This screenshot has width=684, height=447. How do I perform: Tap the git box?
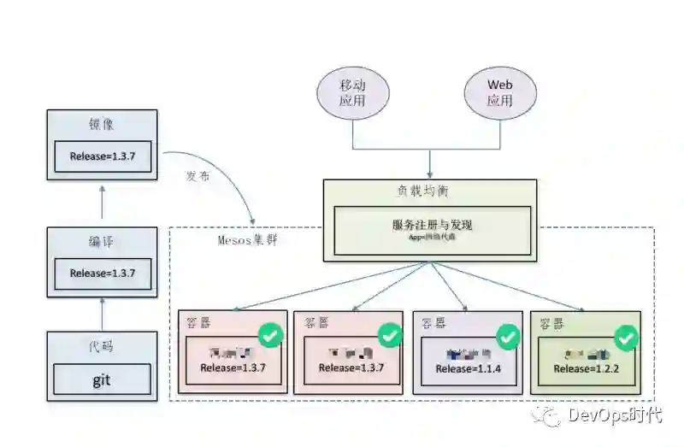coord(102,379)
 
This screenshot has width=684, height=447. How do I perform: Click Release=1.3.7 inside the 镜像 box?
coord(103,156)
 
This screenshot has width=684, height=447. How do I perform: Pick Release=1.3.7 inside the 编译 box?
coord(103,273)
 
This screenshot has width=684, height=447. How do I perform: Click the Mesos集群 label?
coord(247,239)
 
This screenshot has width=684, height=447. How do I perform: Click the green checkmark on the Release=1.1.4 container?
coord(508,336)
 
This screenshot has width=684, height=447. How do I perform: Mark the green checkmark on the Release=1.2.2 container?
coord(627,338)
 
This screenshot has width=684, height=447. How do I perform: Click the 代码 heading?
coord(101,346)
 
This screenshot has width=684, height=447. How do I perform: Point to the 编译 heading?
coord(101,242)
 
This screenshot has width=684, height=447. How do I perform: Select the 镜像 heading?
coord(101,125)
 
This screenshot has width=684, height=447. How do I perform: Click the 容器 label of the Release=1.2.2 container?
coord(551,324)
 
